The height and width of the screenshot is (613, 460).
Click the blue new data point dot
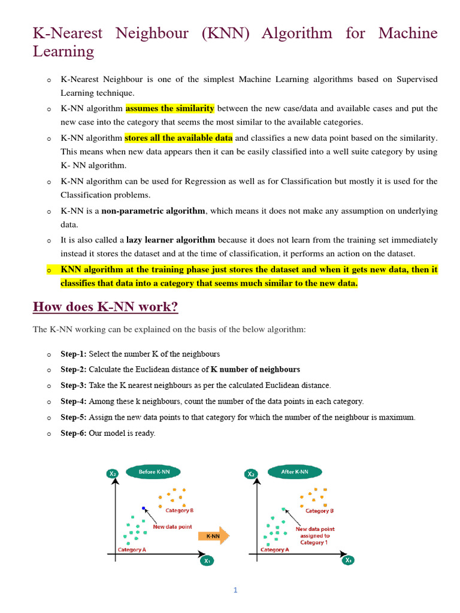pos(144,508)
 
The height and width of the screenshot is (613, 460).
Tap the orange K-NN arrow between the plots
pos(214,535)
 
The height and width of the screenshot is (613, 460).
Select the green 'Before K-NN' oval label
pos(154,472)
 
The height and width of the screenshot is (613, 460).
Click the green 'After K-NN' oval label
pos(295,472)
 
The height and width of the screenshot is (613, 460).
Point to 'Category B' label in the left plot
pos(179,511)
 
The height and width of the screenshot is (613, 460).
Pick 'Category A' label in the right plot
pos(275,550)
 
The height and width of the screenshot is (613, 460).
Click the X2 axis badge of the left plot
pos(112,474)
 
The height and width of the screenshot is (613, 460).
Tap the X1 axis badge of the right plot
pos(349,560)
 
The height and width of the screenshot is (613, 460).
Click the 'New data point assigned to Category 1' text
pos(314,536)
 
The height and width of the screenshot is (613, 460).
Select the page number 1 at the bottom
pos(235,590)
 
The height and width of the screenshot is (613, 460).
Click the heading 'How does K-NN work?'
pos(105,307)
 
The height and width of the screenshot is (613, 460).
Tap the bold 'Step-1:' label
pos(73,354)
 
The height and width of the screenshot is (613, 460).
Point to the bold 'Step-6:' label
pos(73,433)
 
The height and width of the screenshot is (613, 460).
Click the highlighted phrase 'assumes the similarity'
pos(170,108)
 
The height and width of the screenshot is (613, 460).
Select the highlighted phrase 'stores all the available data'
pos(178,138)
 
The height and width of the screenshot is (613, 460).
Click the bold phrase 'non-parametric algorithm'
pos(153,211)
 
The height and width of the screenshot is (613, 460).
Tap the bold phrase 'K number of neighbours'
pos(255,370)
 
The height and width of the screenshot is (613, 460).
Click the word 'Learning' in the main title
pos(63,51)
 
